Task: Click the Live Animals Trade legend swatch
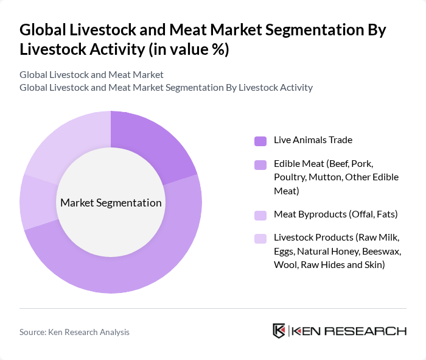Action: coord(260,141)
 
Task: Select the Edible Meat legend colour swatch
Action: coord(260,165)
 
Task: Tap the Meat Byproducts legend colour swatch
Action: coord(260,215)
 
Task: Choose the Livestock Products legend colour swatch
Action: coord(260,239)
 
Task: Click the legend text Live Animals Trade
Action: coord(313,140)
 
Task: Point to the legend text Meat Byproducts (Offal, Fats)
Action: coord(335,214)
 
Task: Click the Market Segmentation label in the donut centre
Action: coord(111,203)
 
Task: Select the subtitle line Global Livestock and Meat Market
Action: coord(91,75)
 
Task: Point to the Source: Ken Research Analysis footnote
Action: coord(74,332)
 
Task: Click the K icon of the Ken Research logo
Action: coord(279,331)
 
